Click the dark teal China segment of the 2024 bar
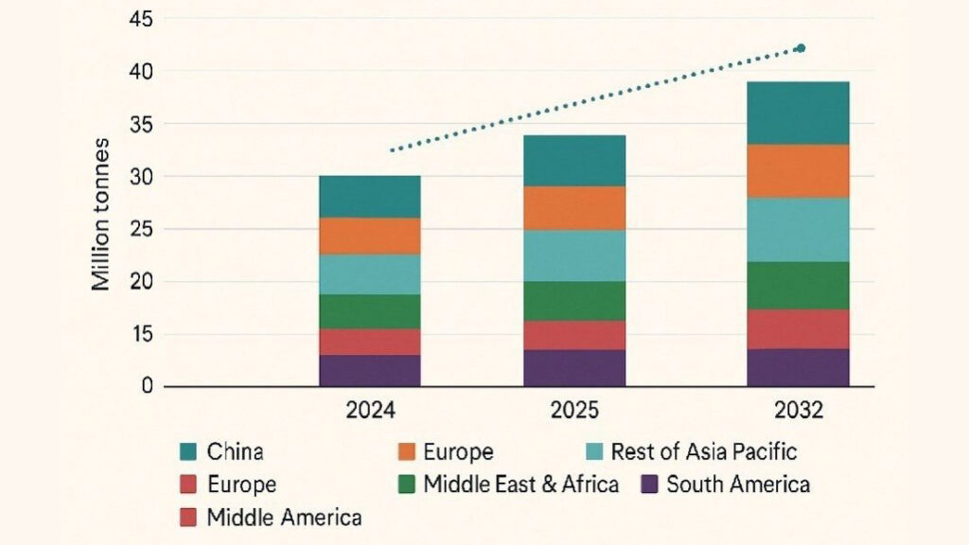[x=369, y=197]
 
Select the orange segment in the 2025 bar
[x=574, y=208]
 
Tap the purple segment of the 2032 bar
[x=798, y=367]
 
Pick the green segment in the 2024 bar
[x=369, y=311]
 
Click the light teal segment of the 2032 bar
[x=798, y=229]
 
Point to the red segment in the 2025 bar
[x=574, y=335]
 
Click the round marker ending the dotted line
[x=801, y=48]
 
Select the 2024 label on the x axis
[x=370, y=413]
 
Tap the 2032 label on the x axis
[x=798, y=413]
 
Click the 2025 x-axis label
[x=574, y=413]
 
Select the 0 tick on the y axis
[x=147, y=386]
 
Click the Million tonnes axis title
[x=101, y=214]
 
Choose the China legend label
[x=236, y=452]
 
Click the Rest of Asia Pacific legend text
[x=704, y=452]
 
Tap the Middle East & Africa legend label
[x=520, y=485]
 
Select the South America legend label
[x=738, y=485]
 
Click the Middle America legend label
[x=284, y=518]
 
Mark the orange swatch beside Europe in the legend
[x=405, y=452]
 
